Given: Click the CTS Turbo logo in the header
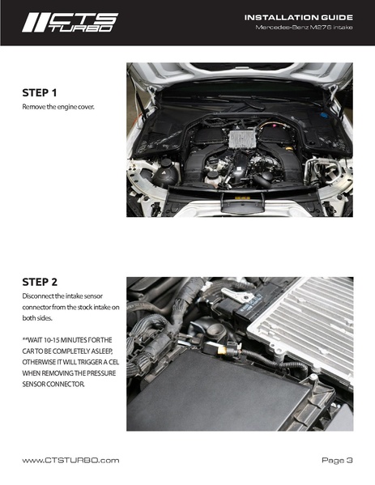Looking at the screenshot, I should [70, 22].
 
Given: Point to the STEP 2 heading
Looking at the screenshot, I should [44, 283].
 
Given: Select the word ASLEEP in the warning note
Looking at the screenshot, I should [102, 350].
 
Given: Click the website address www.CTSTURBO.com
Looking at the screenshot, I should [70, 460].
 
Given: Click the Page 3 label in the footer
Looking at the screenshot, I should [337, 460].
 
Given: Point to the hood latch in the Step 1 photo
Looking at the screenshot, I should [241, 202].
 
